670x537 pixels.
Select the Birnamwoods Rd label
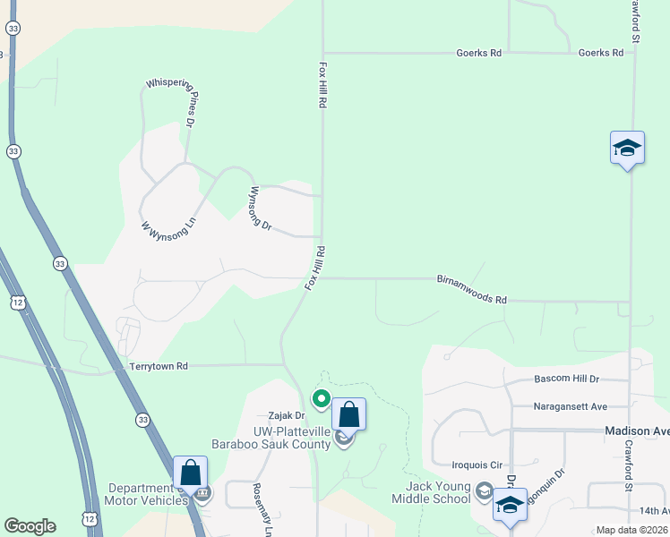click(471, 289)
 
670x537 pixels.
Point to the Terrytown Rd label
click(159, 366)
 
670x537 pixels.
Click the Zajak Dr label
click(288, 415)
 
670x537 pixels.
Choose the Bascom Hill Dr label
click(566, 379)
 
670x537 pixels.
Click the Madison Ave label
click(637, 430)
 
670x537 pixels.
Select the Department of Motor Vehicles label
click(148, 494)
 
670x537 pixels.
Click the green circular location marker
click(320, 398)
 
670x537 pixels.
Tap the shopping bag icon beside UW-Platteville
click(348, 414)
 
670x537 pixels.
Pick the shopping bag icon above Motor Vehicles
click(191, 472)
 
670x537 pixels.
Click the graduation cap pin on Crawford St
click(627, 148)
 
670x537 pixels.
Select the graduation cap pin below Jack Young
click(511, 505)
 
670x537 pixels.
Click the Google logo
click(30, 526)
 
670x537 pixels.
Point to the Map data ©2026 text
click(631, 530)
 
